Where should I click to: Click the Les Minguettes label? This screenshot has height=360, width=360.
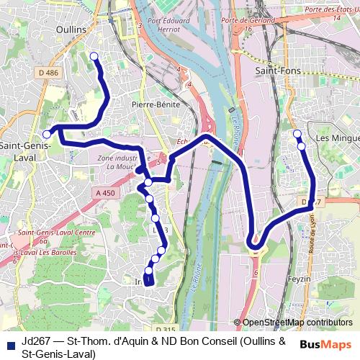click(338, 138)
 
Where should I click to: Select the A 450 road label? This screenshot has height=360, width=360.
click(105, 193)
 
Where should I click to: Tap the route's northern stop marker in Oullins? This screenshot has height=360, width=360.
click(94, 56)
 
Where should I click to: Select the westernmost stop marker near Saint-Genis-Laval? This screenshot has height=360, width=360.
click(47, 134)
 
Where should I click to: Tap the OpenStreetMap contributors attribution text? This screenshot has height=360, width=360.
click(297, 323)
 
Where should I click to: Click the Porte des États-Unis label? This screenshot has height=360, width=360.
click(331, 9)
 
